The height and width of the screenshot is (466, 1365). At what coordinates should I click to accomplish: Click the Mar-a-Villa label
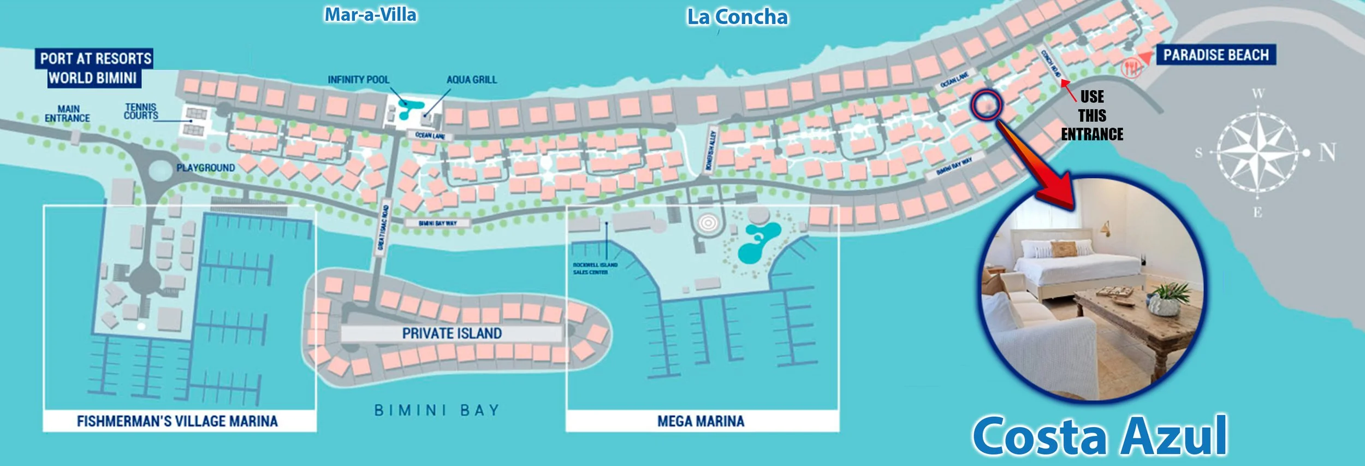[x=370, y=15]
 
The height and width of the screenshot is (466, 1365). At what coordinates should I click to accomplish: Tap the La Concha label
[x=737, y=17]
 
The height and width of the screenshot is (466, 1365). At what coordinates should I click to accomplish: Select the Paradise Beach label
[x=1215, y=55]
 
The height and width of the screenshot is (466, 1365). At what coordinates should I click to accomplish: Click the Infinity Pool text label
[x=358, y=80]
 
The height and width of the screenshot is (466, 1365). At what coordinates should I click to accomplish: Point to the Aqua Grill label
[x=472, y=80]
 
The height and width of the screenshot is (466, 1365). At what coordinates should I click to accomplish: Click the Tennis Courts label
[x=141, y=111]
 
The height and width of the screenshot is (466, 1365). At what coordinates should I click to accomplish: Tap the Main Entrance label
[x=68, y=114]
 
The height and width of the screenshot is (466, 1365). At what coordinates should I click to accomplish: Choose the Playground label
[x=206, y=168]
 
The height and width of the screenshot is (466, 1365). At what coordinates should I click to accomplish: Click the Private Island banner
[x=452, y=333]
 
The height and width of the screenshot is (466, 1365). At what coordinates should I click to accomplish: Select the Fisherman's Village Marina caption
[x=177, y=421]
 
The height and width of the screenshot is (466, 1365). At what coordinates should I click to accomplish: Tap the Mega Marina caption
[x=701, y=421]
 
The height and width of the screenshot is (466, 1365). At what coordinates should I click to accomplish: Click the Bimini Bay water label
[x=437, y=410]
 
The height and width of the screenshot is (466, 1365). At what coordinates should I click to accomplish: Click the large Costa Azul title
[x=1100, y=435]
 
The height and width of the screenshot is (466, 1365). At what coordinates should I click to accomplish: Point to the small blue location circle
[x=986, y=104]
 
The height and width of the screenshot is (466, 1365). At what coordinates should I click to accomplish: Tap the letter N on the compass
[x=1327, y=152]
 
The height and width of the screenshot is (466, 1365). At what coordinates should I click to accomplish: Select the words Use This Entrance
[x=1092, y=116]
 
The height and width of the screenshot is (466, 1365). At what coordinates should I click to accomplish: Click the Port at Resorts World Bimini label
[x=94, y=68]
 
